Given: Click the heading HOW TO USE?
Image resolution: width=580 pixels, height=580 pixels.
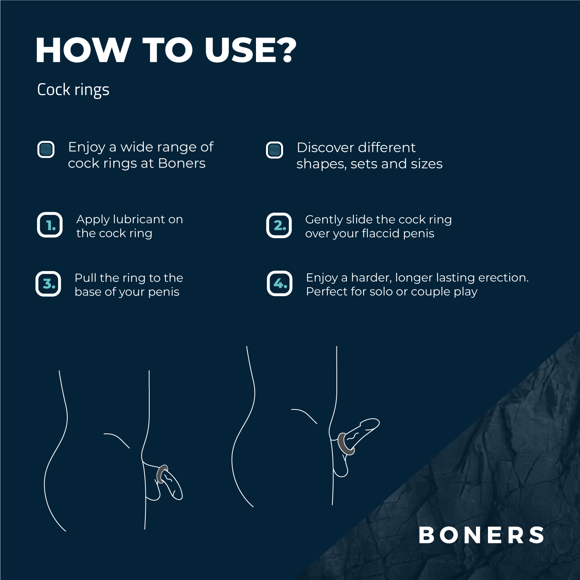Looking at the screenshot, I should (165, 50).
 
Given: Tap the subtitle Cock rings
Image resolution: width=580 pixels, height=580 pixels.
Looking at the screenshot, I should (73, 90).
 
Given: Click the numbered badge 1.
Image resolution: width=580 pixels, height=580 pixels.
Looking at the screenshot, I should (50, 225).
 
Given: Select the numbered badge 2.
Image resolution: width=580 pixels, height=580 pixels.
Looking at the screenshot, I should (279, 225).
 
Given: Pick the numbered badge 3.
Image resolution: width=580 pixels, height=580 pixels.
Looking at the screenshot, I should (48, 284).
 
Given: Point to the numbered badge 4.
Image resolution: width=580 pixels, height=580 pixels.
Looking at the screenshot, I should (280, 283).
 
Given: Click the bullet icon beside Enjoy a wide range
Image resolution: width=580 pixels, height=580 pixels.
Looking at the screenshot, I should (46, 149).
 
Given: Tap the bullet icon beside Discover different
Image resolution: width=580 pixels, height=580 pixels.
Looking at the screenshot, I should (275, 150).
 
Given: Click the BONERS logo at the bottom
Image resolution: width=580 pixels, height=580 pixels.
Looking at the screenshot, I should (481, 535).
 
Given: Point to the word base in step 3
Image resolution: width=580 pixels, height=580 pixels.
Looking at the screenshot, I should (88, 292).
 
